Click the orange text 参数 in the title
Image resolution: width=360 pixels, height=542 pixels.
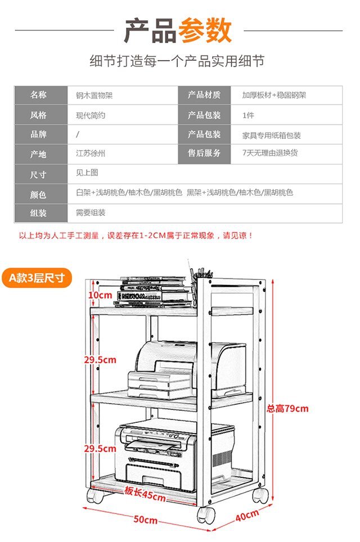pos(205,31)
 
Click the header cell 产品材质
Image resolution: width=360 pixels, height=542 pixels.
pos(204,94)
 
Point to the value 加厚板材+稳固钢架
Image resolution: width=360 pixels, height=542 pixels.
pos(274,95)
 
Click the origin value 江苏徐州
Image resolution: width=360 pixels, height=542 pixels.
pos(91,153)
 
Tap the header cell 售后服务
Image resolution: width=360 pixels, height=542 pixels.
pos(204,153)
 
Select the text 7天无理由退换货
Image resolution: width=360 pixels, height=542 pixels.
pos(270,153)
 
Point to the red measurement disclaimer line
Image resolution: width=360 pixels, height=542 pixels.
pos(136,236)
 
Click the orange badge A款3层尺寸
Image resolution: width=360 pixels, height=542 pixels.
pos(37,278)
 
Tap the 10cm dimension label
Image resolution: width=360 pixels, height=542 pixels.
pos(100,295)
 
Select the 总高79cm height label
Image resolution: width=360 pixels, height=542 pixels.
pos(287,409)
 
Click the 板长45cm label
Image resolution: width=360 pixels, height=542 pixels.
pos(145,494)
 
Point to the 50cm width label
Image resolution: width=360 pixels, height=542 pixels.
pos(146,520)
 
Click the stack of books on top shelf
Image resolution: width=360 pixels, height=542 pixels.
pos(154,292)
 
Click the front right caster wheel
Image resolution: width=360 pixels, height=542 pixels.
pos(206,516)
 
